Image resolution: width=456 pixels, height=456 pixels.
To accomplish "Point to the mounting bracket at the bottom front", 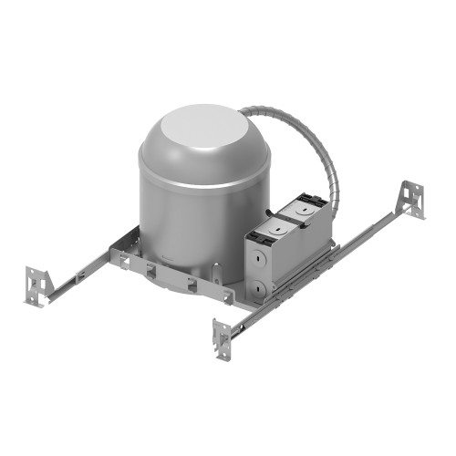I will click(x=223, y=338).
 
